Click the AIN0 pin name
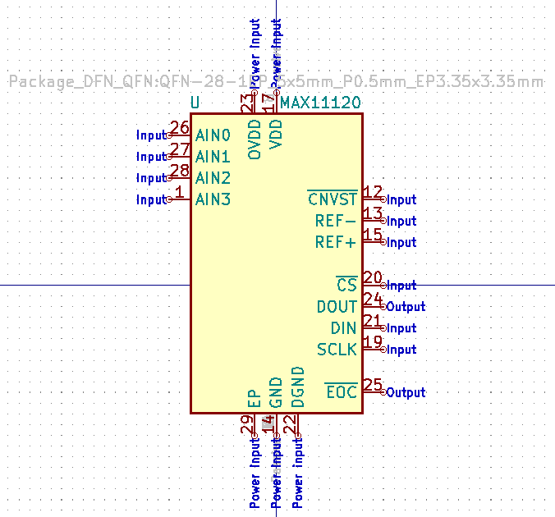point(213,135)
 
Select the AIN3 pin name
point(213,199)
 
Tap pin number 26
point(180,129)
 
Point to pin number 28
point(180,172)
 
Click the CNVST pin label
point(333,199)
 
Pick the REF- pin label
point(336,221)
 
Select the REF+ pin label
point(336,242)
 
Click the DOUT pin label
point(337,307)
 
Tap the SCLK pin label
point(337,350)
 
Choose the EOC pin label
point(342,392)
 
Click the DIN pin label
point(343,328)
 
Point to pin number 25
point(373,385)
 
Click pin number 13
point(373,214)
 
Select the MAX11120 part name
point(320,104)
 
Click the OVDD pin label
point(255,140)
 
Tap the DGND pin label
point(298,387)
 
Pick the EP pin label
point(255,399)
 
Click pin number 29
point(246,424)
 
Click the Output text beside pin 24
point(406,307)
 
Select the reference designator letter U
point(195,103)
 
